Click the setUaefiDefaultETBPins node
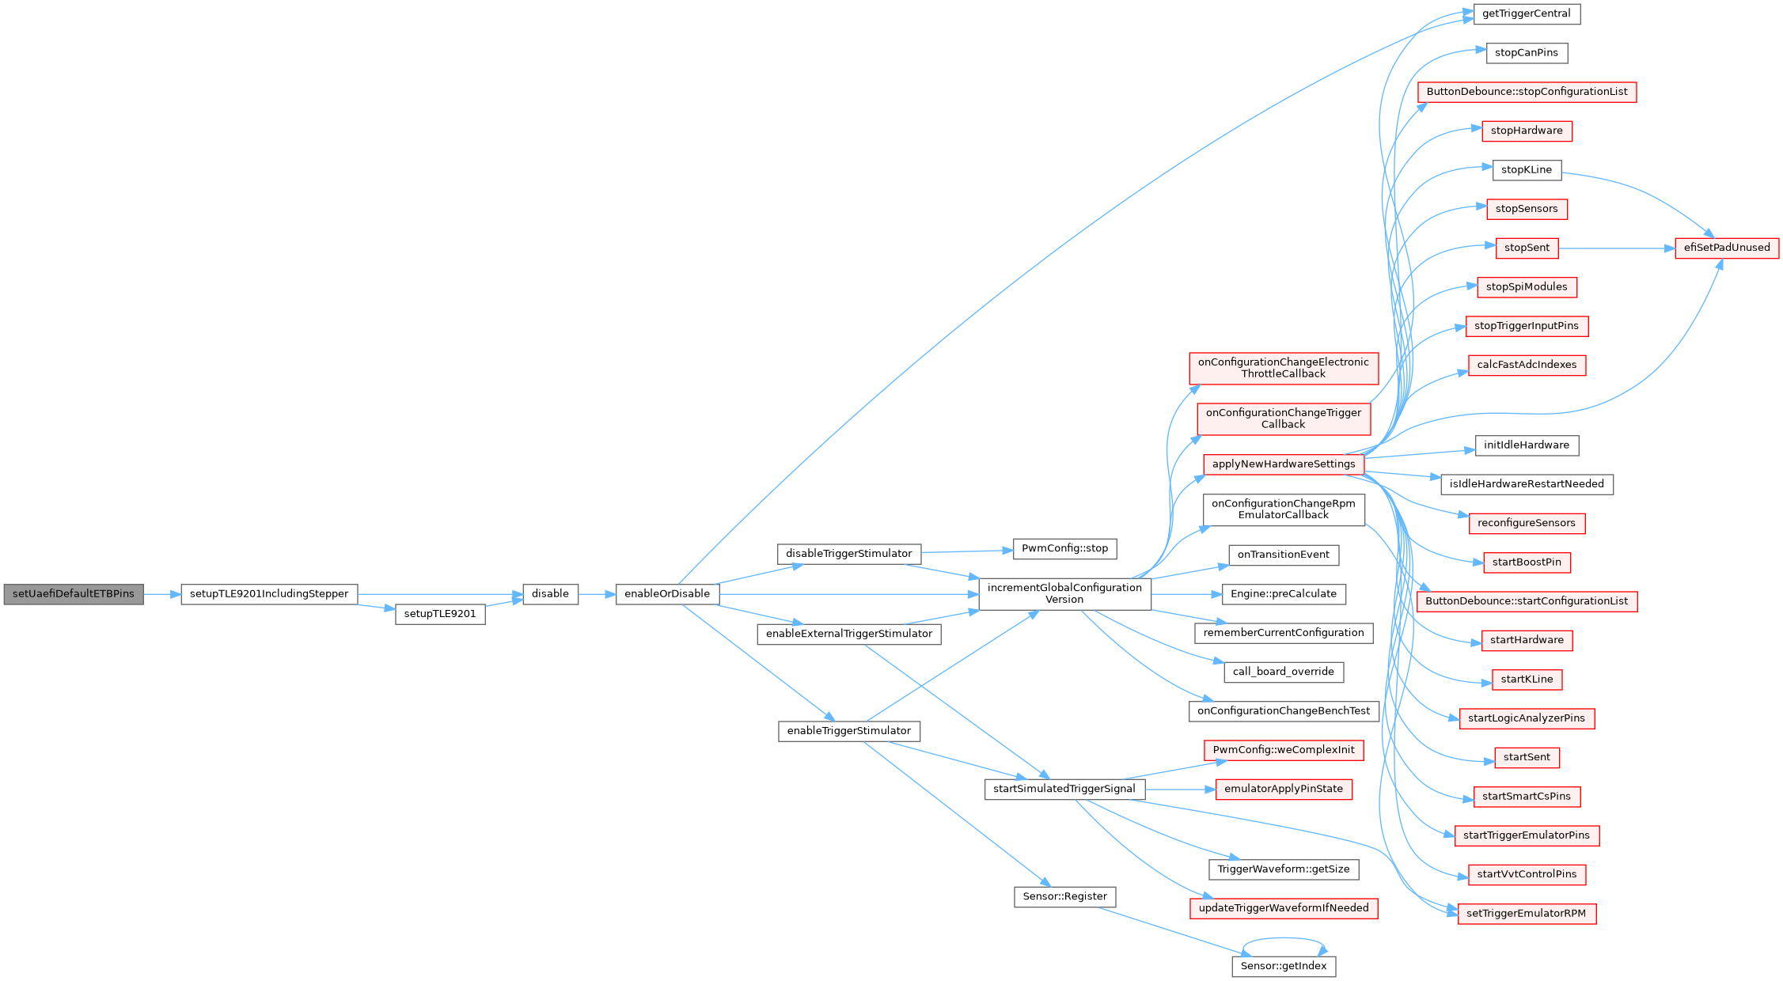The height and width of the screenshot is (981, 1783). click(74, 594)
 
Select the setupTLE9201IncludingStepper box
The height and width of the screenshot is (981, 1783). click(269, 594)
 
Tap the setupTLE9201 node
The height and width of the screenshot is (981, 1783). click(440, 614)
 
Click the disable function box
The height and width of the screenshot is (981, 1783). click(550, 594)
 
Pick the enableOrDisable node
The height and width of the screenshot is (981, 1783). click(667, 594)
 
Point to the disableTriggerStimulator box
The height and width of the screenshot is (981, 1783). click(848, 554)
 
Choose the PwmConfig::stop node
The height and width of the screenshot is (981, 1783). click(1064, 549)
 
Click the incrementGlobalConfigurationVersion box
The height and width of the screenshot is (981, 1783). click(1064, 593)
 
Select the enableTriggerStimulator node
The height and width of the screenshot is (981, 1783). click(848, 731)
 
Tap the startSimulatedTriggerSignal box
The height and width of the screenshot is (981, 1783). click(1064, 789)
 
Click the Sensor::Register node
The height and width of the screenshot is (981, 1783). click(1064, 897)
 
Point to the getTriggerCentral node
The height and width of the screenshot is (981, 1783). click(1527, 14)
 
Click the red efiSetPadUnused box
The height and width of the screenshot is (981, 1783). click(1727, 248)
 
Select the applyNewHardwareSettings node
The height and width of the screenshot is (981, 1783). click(1283, 464)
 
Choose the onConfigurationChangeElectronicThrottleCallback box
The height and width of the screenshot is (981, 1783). click(1283, 368)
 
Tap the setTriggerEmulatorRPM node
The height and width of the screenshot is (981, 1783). click(1526, 914)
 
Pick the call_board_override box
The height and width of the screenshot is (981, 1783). click(1283, 672)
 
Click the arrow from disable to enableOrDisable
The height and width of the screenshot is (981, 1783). click(597, 594)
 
